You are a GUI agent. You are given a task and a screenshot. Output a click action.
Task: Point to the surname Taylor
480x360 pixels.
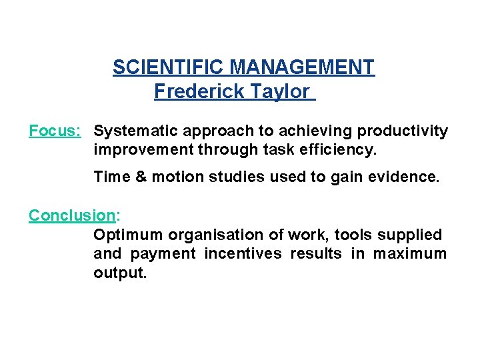click(280, 91)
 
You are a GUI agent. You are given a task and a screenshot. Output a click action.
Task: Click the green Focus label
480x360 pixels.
click(55, 131)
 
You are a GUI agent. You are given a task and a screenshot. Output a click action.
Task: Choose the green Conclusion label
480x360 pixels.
click(72, 215)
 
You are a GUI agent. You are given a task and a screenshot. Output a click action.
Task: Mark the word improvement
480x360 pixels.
click(143, 150)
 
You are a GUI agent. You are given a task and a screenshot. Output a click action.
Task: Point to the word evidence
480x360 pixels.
click(406, 177)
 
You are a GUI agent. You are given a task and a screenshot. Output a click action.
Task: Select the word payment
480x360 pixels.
click(163, 253)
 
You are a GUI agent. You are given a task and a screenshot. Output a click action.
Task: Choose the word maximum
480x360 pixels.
click(409, 253)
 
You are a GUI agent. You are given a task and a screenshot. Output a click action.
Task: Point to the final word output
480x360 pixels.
click(119, 273)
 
